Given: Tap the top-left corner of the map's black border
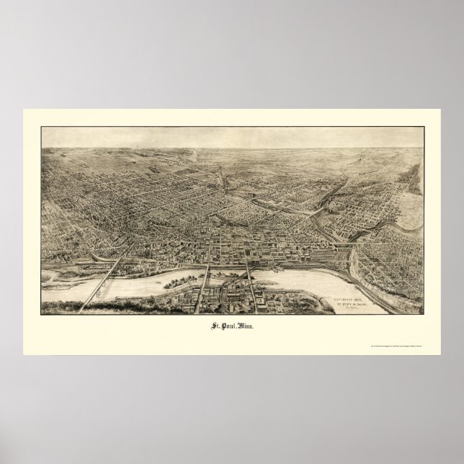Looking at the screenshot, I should tap(42, 128).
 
